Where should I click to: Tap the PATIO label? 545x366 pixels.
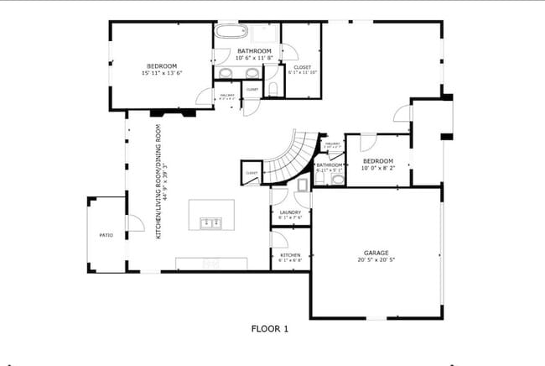pos(106,235)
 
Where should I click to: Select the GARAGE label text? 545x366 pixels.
pos(375,252)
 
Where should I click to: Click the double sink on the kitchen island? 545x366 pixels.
pos(210,222)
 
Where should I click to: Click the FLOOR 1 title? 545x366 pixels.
pos(270,329)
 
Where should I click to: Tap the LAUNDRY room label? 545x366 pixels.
pos(290,212)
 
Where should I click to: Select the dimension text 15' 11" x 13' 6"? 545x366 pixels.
pos(162,73)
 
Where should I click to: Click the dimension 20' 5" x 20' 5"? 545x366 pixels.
pos(375,260)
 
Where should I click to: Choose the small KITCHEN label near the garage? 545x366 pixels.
pos(290,254)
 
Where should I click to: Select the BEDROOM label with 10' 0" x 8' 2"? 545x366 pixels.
pos(377,160)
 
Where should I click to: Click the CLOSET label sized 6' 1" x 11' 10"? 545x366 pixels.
pos(302,66)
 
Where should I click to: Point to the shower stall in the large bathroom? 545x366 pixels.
pos(266,34)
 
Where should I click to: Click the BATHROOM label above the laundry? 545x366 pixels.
pos(330,165)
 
